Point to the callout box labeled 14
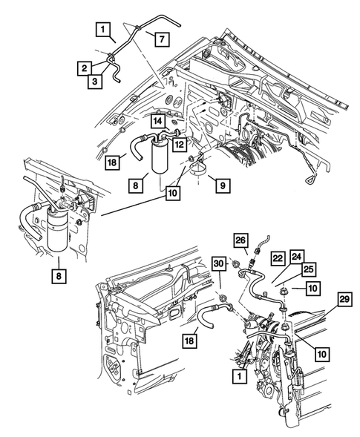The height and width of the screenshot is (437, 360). (x=158, y=119)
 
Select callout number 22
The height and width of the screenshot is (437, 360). (x=277, y=258)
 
